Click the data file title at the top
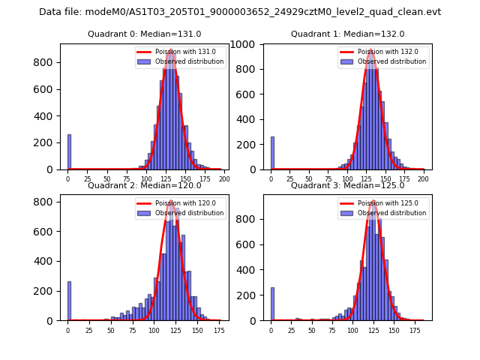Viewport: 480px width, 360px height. [x=240, y=12]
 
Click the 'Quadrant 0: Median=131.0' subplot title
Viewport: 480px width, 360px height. [x=145, y=34]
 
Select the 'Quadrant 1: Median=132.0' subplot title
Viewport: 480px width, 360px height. [x=347, y=34]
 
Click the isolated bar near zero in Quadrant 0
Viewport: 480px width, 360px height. [x=69, y=152]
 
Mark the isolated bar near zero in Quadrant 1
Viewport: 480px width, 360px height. [x=272, y=153]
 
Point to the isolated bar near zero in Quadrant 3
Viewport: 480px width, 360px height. [x=272, y=304]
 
